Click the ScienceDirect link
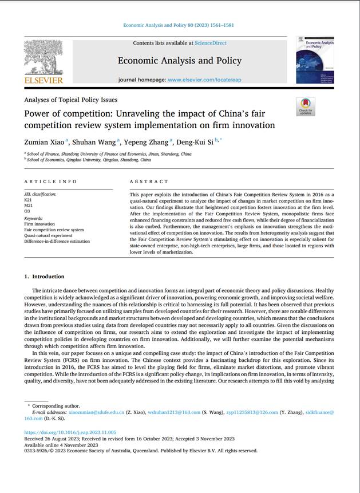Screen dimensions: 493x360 [x=210, y=43]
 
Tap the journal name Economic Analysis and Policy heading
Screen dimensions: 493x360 [x=180, y=61]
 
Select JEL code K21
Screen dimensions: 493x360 [x=27, y=200]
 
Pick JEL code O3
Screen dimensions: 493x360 [x=26, y=211]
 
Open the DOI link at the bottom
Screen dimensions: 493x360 [x=70, y=432]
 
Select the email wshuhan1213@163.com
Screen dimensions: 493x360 [x=174, y=412]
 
